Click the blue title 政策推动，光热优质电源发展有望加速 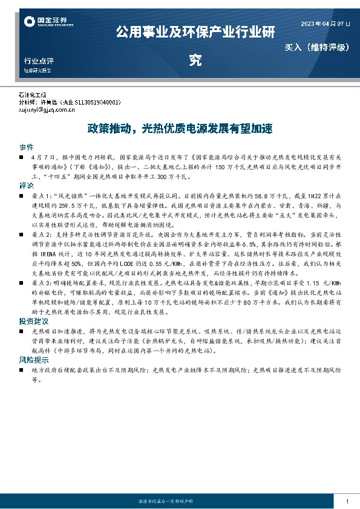[x=180, y=129]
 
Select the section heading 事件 [x=26, y=148]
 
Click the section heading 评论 [x=26, y=186]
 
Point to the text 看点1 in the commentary [x=41, y=196]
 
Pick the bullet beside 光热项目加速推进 [x=22, y=332]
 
